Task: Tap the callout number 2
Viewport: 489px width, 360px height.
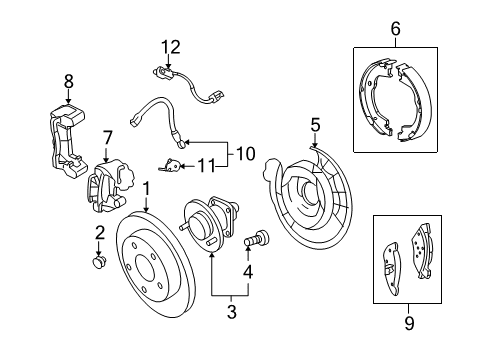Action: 99,233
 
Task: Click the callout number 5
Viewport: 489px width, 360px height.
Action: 314,126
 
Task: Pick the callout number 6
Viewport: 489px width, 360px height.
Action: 395,30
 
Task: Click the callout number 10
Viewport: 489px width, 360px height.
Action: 242,154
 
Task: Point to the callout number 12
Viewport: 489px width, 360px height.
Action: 173,45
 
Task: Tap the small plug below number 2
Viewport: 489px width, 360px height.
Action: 99,262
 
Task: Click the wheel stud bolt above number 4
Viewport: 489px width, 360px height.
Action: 257,240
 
